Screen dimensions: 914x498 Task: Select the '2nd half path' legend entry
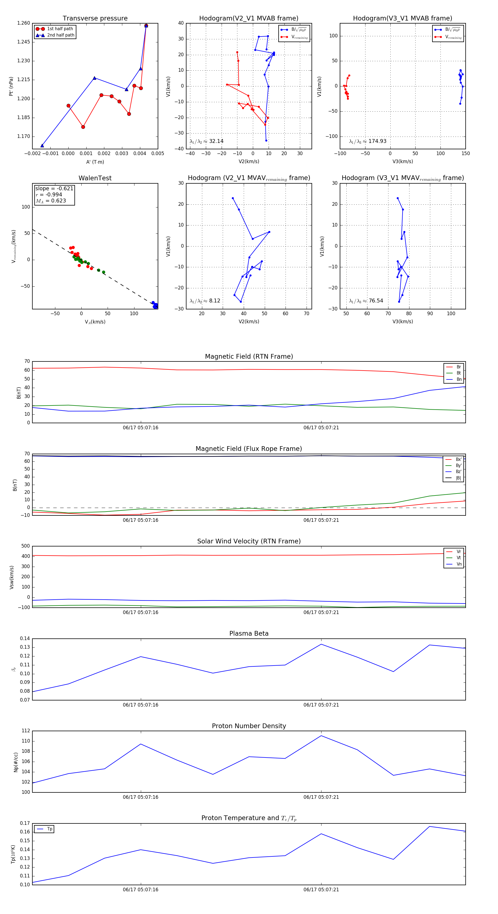pyautogui.click(x=61, y=35)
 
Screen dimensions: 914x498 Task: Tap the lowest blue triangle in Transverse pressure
pyautogui.click(x=42, y=145)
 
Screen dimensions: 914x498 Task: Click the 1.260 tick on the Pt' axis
pyautogui.click(x=24, y=23)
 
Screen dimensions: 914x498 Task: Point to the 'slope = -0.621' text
pyautogui.click(x=54, y=188)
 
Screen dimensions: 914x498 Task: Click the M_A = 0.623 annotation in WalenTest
pyautogui.click(x=51, y=201)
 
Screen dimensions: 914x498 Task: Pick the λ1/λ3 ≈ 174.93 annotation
pyautogui.click(x=368, y=141)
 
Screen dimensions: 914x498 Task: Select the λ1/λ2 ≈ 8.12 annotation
pyautogui.click(x=205, y=301)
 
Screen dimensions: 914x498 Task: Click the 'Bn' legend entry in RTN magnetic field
pyautogui.click(x=459, y=379)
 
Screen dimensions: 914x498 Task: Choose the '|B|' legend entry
pyautogui.click(x=458, y=478)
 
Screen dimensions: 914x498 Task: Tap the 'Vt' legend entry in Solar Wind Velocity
pyautogui.click(x=459, y=558)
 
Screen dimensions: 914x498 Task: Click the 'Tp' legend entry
pyautogui.click(x=50, y=829)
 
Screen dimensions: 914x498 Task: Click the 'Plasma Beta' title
pyautogui.click(x=249, y=634)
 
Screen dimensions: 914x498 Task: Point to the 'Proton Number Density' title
pyautogui.click(x=249, y=726)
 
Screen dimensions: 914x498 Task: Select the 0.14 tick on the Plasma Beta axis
pyautogui.click(x=25, y=639)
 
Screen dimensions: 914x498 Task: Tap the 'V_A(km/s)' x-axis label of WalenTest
pyautogui.click(x=95, y=322)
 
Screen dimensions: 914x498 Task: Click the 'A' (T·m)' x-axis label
pyautogui.click(x=95, y=162)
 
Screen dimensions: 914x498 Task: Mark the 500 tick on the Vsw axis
pyautogui.click(x=25, y=546)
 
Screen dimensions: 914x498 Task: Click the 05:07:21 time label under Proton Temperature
pyautogui.click(x=321, y=890)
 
